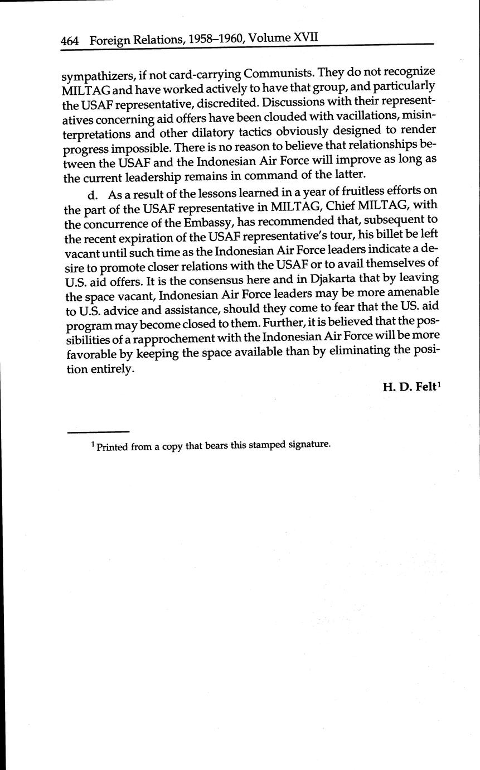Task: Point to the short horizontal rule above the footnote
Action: click(x=98, y=432)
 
